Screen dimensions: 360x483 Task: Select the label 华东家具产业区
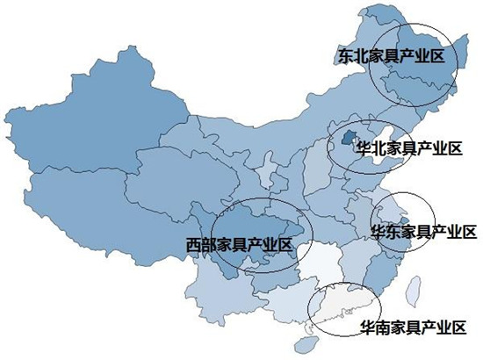click(x=422, y=232)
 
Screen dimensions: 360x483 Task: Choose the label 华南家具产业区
click(x=412, y=328)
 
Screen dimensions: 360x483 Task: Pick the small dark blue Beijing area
click(x=348, y=138)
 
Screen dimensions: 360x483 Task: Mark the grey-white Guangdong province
click(x=342, y=303)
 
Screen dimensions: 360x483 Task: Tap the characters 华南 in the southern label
click(x=374, y=328)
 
